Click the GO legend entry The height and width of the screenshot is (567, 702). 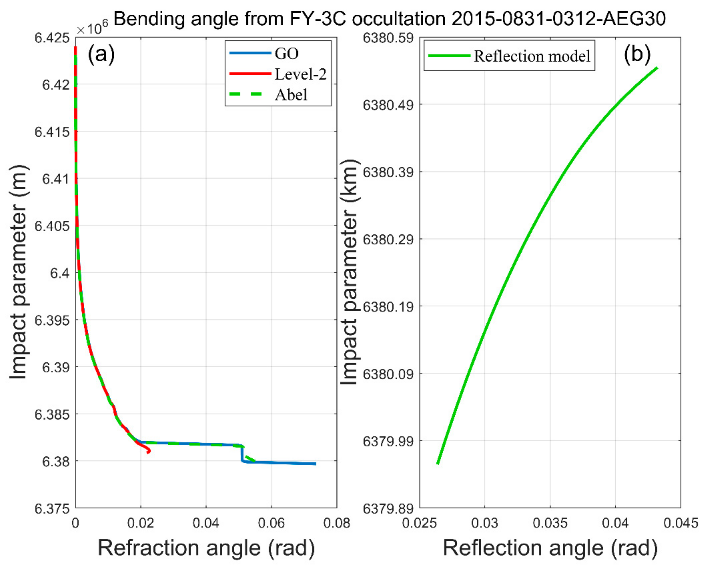(286, 53)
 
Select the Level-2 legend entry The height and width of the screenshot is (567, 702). (300, 74)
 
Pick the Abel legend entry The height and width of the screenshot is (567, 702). (291, 95)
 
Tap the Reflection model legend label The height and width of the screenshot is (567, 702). (532, 56)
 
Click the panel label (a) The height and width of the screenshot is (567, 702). (101, 54)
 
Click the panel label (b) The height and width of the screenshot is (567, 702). (637, 54)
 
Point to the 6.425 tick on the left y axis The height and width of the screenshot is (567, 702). (52, 38)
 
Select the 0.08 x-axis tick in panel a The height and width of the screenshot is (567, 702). (336, 523)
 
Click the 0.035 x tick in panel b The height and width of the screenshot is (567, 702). (550, 523)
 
